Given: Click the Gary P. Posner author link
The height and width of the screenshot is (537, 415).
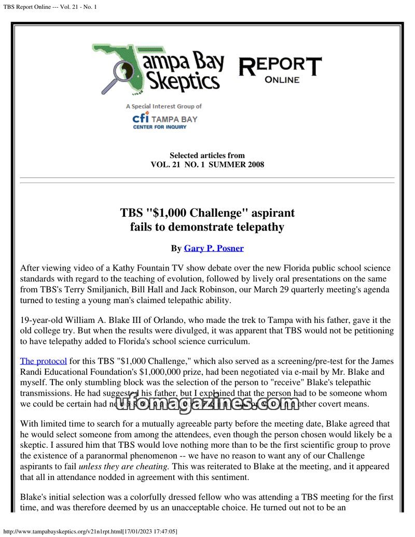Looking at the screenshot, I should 214,248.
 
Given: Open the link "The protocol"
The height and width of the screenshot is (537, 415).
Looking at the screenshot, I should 43,361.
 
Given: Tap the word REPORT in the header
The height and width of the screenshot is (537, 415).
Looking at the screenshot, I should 280,66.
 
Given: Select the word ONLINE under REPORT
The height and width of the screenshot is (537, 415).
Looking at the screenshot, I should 282,80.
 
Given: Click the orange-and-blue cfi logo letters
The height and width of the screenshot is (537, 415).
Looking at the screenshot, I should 141,118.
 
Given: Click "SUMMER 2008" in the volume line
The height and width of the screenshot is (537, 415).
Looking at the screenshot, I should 240,165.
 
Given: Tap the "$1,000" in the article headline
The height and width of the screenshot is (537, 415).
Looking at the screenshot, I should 177,213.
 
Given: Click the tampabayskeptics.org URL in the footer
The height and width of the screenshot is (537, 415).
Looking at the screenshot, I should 91,531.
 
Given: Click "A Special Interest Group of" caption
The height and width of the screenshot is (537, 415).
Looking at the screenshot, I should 163,106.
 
